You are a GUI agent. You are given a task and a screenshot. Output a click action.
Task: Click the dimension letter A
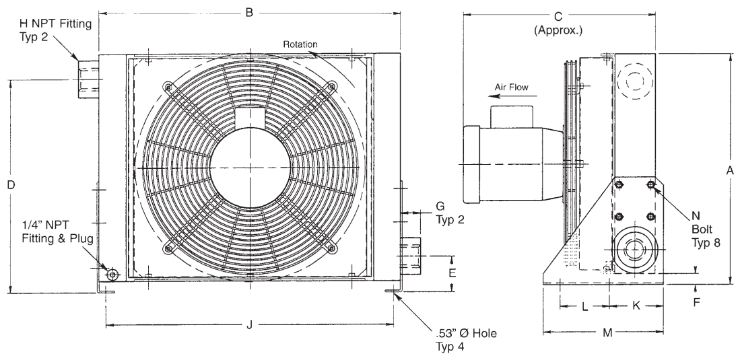729,172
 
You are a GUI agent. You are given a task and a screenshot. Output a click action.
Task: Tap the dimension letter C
558,16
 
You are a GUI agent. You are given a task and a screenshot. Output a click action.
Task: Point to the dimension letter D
11,184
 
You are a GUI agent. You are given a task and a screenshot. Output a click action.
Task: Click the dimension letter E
452,273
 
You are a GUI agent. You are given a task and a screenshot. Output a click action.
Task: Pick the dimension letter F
697,301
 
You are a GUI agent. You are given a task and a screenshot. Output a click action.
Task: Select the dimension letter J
249,326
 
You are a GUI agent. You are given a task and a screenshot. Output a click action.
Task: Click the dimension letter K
636,306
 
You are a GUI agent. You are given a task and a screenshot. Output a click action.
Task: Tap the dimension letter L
584,306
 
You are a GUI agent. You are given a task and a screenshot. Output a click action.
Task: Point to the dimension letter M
607,332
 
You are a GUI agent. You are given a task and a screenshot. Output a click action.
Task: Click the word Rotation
300,44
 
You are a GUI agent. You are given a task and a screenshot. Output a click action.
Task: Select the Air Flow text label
512,87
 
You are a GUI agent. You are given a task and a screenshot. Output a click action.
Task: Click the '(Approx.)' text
558,31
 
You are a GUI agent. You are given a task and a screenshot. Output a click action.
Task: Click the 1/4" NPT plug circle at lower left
112,274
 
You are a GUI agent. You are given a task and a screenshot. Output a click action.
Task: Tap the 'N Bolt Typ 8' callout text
706,229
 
